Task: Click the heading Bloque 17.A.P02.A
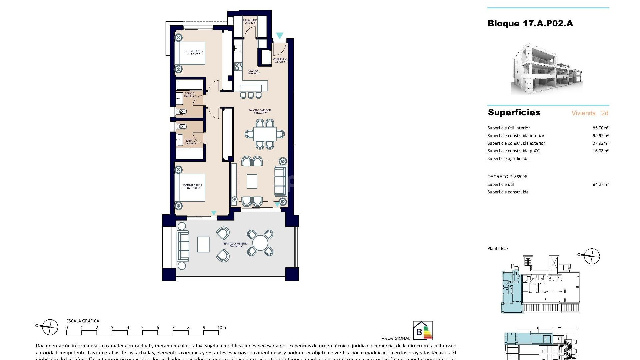click(530, 23)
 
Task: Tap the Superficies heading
click(514, 112)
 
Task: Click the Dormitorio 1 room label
click(192, 186)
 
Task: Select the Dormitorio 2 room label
click(194, 51)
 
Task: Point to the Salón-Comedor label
click(259, 110)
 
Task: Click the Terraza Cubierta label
click(235, 244)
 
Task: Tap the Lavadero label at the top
click(250, 20)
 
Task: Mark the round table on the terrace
click(260, 243)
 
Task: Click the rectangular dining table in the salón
click(265, 135)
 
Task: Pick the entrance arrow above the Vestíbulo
click(280, 35)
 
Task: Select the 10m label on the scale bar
click(221, 328)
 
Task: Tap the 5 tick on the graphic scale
click(142, 328)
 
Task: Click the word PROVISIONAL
click(396, 338)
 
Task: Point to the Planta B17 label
click(498, 248)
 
